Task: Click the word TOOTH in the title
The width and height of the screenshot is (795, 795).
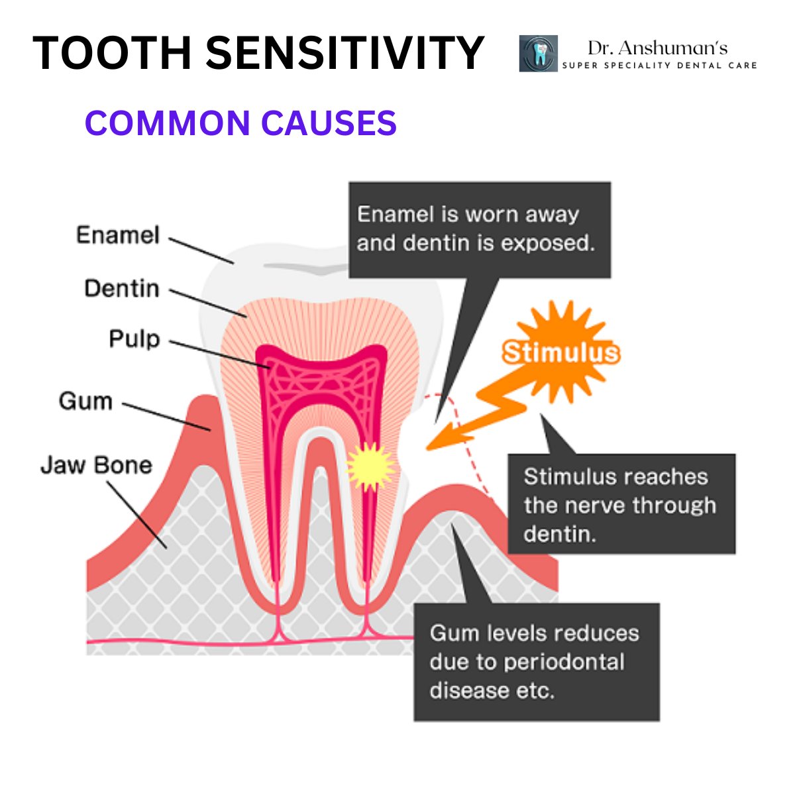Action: coord(110,53)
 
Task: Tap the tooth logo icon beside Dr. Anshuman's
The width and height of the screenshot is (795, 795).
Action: coord(538,54)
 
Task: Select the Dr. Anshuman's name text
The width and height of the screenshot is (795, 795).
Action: coord(657,48)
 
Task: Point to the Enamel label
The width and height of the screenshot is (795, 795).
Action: coord(118,235)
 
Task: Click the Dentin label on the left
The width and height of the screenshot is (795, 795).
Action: coord(122,289)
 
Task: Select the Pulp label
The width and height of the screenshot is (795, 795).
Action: coord(134,339)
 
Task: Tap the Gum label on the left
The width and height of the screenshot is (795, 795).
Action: coord(85,401)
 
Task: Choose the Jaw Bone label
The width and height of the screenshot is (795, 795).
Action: coord(97,465)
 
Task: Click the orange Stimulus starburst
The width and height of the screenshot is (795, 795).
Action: coord(560,352)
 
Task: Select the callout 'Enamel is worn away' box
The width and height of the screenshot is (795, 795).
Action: coord(479,229)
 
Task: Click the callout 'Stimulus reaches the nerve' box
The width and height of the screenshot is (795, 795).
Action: coord(621,504)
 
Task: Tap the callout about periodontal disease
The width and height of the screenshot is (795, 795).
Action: coord(536,661)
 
